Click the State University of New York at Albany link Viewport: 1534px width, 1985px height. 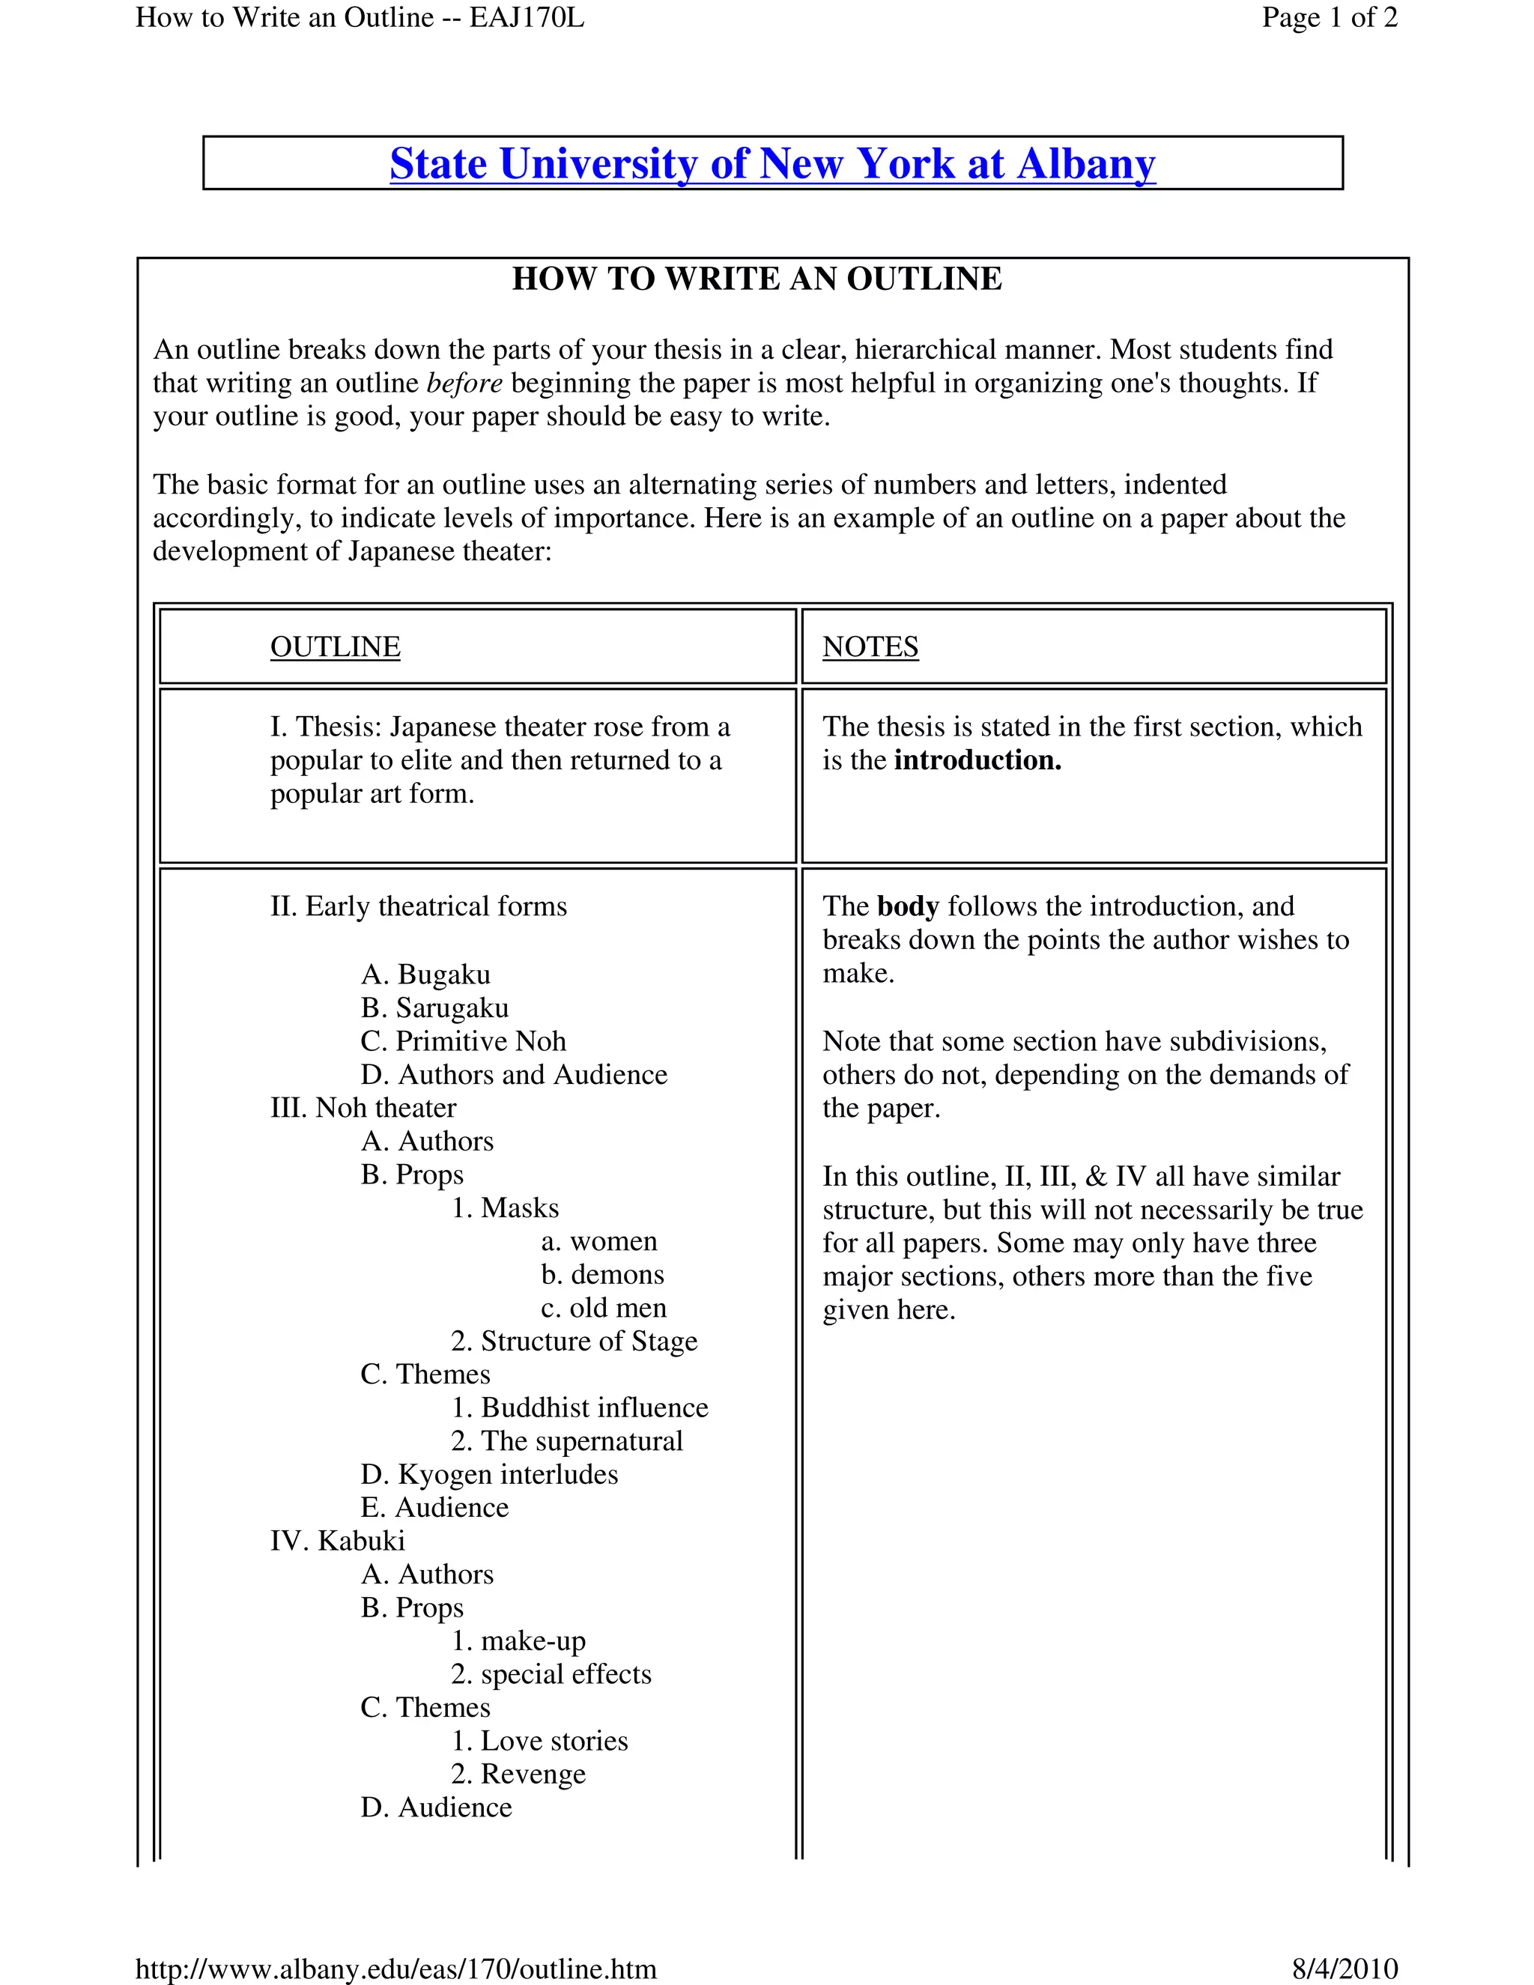772,165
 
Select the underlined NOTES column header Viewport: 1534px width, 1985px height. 870,646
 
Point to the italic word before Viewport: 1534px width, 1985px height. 464,383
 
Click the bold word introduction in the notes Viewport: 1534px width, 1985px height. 977,760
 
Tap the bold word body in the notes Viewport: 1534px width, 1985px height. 907,906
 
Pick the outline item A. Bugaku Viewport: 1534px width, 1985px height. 425,975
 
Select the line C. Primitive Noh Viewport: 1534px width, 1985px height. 463,1040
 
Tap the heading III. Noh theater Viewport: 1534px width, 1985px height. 363,1107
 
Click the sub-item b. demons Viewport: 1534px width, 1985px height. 602,1274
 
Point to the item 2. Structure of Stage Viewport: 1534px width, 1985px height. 574,1341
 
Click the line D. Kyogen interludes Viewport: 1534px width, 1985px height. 489,1473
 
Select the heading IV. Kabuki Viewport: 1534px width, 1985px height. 337,1541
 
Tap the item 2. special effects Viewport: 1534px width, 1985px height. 551,1673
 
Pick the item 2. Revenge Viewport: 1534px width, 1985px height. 518,1773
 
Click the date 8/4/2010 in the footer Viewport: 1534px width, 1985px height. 1344,1969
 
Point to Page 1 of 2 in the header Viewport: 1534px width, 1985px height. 1329,17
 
